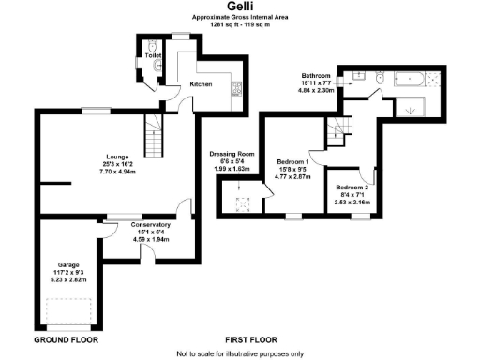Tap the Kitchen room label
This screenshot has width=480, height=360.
[202, 84]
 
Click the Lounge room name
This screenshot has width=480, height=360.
[117, 157]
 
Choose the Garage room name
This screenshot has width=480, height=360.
[67, 265]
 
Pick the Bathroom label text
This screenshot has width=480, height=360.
[314, 74]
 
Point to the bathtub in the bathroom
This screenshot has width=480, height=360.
[410, 80]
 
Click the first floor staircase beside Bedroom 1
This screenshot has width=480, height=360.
[335, 129]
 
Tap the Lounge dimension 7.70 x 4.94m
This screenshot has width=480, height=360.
[117, 172]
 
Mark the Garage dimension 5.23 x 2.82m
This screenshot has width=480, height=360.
[67, 280]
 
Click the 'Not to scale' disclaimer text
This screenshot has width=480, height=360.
[240, 353]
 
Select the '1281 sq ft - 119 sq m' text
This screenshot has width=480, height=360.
[240, 25]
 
